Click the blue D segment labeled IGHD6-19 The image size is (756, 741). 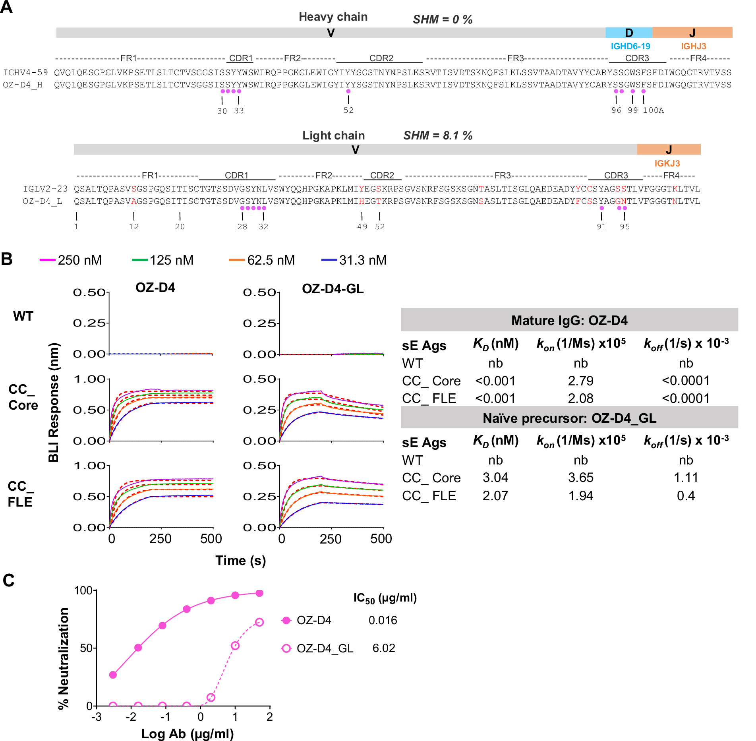(x=628, y=33)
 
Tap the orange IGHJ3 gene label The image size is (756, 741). (x=693, y=46)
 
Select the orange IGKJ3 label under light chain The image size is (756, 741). (x=667, y=163)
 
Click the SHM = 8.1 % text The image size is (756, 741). (x=437, y=135)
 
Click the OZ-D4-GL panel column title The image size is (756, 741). (x=333, y=288)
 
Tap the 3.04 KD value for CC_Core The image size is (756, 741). (x=495, y=478)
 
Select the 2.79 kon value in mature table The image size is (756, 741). (x=580, y=381)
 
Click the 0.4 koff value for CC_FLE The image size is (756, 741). (x=686, y=495)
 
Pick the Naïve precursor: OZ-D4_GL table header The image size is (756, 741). (x=569, y=418)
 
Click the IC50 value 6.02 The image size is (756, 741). (x=383, y=648)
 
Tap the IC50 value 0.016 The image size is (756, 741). (x=383, y=620)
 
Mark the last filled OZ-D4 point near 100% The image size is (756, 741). (x=259, y=593)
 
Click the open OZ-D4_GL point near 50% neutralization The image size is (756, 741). (x=235, y=645)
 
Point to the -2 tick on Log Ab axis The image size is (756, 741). (x=131, y=716)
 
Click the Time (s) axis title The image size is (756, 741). (x=240, y=560)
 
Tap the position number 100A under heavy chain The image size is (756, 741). (x=653, y=110)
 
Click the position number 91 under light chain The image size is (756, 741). (x=601, y=226)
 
